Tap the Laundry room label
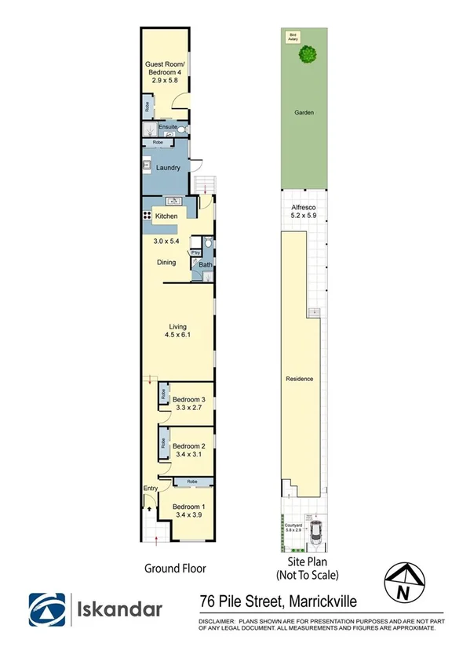coord(169,168)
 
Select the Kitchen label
coord(166,216)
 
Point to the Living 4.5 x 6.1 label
coord(177,331)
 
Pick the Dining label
coord(166,263)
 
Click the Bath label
coord(205,265)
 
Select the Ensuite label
coord(167,126)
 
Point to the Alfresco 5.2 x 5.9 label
coord(303,210)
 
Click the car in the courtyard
coord(318,533)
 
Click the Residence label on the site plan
coord(300,379)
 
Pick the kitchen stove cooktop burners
coord(147,216)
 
